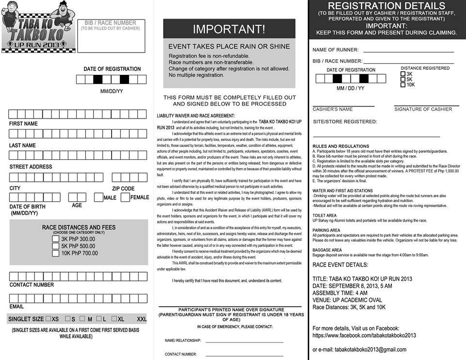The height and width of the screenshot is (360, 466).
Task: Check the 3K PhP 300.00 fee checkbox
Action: pyautogui.click(x=56, y=239)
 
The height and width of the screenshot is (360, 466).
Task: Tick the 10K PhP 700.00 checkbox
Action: pyautogui.click(x=56, y=253)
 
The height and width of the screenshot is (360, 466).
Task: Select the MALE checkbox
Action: pyautogui.click(x=99, y=197)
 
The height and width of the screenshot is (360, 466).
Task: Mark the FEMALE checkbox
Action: pyautogui.click(x=125, y=197)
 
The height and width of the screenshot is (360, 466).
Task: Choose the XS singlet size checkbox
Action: pyautogui.click(x=48, y=319)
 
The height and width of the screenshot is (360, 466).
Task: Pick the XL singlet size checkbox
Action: pyautogui.click(x=114, y=319)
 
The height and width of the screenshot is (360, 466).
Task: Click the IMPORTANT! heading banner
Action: pyautogui.click(x=229, y=29)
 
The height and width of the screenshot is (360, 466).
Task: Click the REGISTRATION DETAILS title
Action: pyautogui.click(x=386, y=6)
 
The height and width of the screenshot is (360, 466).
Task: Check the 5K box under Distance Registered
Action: pyautogui.click(x=403, y=79)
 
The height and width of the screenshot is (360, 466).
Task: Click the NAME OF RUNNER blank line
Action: pyautogui.click(x=408, y=51)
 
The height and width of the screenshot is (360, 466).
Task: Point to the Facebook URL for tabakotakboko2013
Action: pyautogui.click(x=364, y=335)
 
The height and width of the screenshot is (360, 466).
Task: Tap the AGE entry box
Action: pyautogui.click(x=77, y=197)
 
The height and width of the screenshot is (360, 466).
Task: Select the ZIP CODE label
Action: pyautogui.click(x=123, y=189)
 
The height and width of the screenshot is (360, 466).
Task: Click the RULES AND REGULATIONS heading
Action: pyautogui.click(x=341, y=146)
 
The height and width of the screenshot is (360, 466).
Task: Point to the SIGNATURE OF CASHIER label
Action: pyautogui.click(x=423, y=109)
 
